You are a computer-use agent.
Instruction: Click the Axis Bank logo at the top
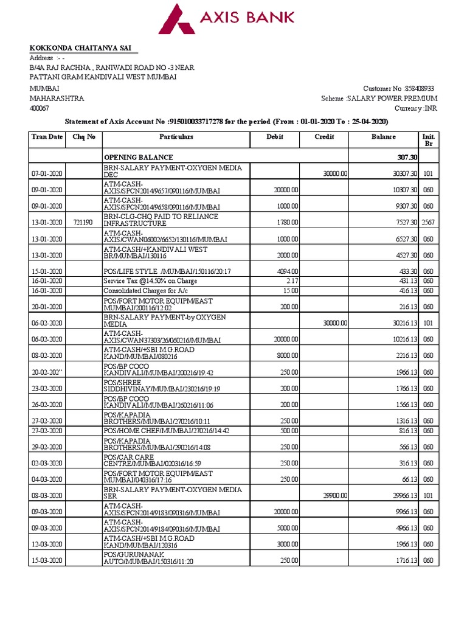pyautogui.click(x=226, y=18)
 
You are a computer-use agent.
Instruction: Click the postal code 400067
pyautogui.click(x=40, y=108)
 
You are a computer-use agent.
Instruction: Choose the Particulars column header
pyautogui.click(x=176, y=137)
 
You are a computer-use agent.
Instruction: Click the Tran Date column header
pyautogui.click(x=47, y=137)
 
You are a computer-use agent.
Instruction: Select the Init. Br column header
pyautogui.click(x=428, y=140)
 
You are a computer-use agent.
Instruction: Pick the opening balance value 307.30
pyautogui.click(x=402, y=157)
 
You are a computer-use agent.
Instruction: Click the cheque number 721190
pyautogui.click(x=83, y=223)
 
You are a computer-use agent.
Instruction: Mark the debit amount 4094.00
pyautogui.click(x=286, y=271)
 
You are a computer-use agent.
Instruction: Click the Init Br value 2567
pyautogui.click(x=428, y=223)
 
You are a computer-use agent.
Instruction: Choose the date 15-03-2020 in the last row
pyautogui.click(x=47, y=560)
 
